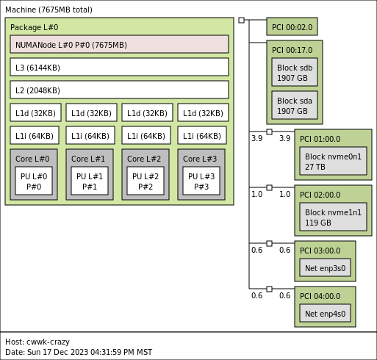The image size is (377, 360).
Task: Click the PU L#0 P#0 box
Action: coord(34,181)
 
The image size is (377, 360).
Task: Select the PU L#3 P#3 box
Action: coord(201,181)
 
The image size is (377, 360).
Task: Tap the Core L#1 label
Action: coord(88,159)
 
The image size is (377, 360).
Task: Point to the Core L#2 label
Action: coord(144,159)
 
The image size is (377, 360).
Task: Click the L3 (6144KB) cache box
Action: coord(119,67)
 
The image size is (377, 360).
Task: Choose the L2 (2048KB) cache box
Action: coord(119,90)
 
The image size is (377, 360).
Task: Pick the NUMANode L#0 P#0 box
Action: coord(119,44)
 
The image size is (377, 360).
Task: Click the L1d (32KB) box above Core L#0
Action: coord(35,112)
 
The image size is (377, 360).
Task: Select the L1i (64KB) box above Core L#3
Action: coord(202,135)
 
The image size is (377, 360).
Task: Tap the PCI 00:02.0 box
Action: coord(292,26)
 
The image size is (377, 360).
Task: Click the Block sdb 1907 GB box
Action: coord(295,72)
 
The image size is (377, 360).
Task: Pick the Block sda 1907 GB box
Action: coord(295,105)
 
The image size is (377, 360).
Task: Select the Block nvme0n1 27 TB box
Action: coord(333,161)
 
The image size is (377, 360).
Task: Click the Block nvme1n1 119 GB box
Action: coord(333,217)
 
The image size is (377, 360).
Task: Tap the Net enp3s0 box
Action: coord(325,267)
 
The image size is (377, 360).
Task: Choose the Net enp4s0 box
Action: coord(325,313)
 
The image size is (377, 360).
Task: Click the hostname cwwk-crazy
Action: coord(48,342)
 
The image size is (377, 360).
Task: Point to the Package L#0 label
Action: coord(35,27)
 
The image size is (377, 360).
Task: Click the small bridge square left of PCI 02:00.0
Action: coord(269,187)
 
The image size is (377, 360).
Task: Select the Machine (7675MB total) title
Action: coord(49,10)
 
